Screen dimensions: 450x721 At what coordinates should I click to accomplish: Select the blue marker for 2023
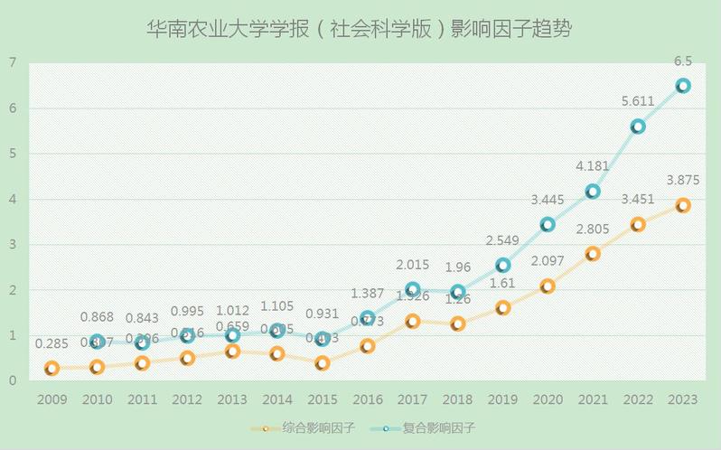(x=683, y=86)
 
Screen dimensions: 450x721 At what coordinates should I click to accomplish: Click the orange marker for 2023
(x=683, y=205)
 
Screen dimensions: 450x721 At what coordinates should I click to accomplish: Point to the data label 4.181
(x=593, y=166)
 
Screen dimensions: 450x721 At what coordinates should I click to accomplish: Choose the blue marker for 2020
(x=548, y=224)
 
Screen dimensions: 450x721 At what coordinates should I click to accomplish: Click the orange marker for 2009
(x=51, y=368)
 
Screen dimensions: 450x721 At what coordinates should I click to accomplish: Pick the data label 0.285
(x=51, y=344)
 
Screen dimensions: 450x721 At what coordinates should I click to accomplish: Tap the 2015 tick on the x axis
(x=323, y=398)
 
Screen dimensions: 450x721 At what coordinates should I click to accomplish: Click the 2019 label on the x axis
(x=502, y=398)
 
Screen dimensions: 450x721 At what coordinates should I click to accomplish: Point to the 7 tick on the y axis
(x=13, y=62)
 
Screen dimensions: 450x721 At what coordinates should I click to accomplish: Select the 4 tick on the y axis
(x=13, y=199)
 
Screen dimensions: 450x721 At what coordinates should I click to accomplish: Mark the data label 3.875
(x=683, y=181)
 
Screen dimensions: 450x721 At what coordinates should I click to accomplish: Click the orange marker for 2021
(x=593, y=254)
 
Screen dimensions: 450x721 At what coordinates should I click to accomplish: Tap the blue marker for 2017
(x=413, y=290)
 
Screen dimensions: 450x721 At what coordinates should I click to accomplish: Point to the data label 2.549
(x=502, y=241)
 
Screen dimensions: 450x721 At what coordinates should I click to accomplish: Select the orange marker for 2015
(x=323, y=362)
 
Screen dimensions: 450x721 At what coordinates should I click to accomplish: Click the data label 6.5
(x=683, y=61)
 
